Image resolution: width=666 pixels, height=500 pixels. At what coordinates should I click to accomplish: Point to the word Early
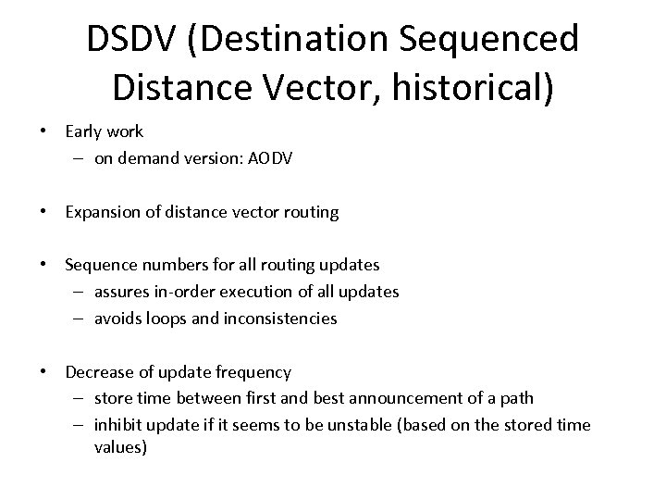click(x=85, y=132)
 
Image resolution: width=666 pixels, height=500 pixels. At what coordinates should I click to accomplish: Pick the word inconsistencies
click(x=281, y=319)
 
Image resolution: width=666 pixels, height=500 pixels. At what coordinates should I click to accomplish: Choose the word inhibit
click(x=119, y=425)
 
